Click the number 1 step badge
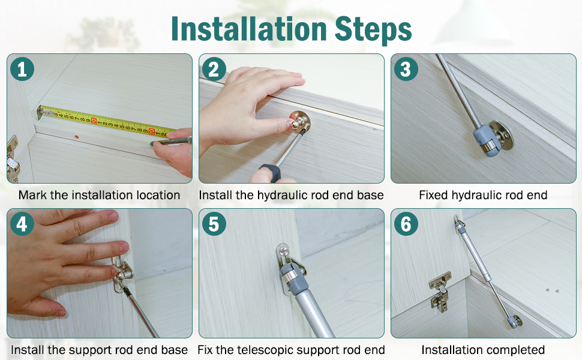click(22, 70)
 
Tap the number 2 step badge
click(214, 70)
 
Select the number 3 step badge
click(406, 70)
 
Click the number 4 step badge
click(22, 224)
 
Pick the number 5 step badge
click(214, 224)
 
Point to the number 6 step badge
click(406, 224)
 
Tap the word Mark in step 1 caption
click(31, 195)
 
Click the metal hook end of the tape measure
click(41, 112)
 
